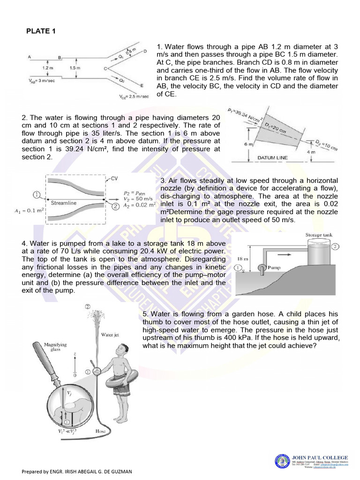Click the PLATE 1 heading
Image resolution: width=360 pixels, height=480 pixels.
pyautogui.click(x=40, y=31)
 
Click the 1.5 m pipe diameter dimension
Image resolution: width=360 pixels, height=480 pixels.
pyautogui.click(x=75, y=68)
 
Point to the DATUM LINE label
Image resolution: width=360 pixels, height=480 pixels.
pyautogui.click(x=272, y=158)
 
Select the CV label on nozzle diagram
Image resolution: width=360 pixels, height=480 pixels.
pyautogui.click(x=114, y=179)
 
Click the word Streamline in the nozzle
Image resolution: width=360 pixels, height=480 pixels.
pyautogui.click(x=63, y=203)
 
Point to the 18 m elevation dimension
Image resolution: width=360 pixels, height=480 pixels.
pyautogui.click(x=243, y=258)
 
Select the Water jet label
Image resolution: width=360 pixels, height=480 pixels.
pyautogui.click(x=110, y=335)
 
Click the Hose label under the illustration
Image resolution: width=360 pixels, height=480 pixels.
pyautogui.click(x=100, y=431)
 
